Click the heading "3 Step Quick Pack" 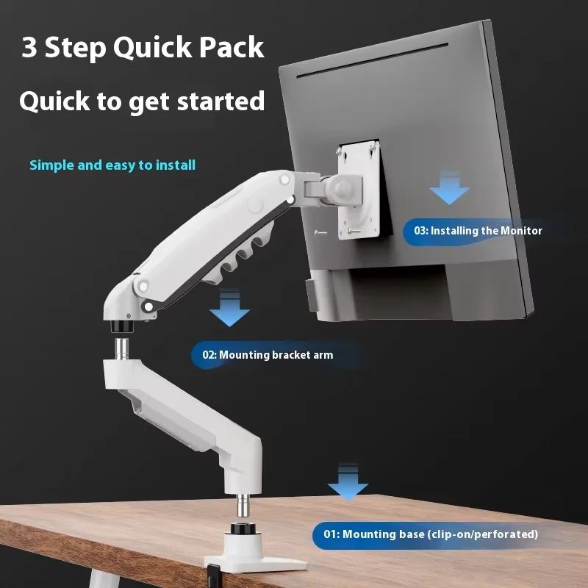tap(143, 48)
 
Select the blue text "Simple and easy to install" tap(112, 165)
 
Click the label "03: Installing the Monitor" tap(478, 231)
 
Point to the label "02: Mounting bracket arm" tap(268, 355)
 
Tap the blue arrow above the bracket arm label tap(229, 309)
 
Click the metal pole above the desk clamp tap(241, 507)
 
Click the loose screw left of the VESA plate tap(318, 233)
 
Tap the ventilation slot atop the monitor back tap(371, 74)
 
